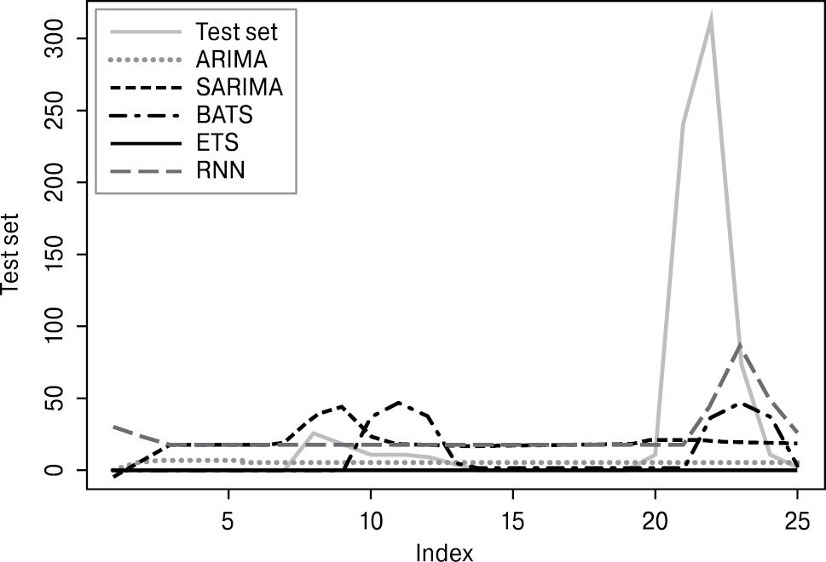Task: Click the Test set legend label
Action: coord(236,32)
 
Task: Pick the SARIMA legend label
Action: coord(238,87)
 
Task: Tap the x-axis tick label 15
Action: coord(512,517)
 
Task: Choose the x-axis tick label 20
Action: coord(655,517)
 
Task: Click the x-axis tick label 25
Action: coord(797,517)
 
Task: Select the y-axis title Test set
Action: coord(14,254)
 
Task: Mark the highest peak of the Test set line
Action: coord(711,19)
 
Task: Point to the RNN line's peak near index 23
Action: coord(740,345)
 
